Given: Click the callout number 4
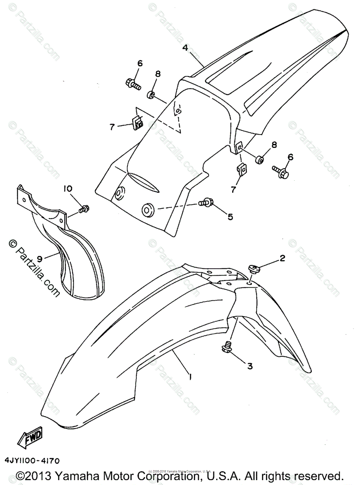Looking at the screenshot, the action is pyautogui.click(x=185, y=48).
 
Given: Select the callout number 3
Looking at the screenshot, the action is pyautogui.click(x=250, y=366).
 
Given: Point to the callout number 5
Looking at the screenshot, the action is pyautogui.click(x=230, y=217).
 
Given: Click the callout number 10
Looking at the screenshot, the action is pyautogui.click(x=68, y=189).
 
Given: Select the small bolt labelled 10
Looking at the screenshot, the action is pyautogui.click(x=85, y=209).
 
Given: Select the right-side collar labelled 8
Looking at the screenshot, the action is pyautogui.click(x=259, y=159).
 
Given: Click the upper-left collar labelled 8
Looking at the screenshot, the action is pyautogui.click(x=151, y=95).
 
